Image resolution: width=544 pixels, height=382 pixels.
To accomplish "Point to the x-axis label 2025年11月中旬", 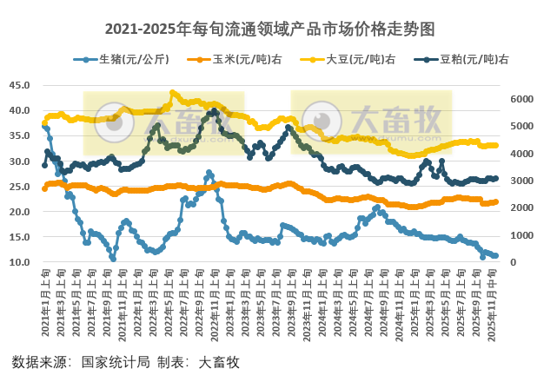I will click(x=494, y=300).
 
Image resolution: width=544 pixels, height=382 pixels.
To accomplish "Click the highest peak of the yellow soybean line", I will click(x=173, y=92).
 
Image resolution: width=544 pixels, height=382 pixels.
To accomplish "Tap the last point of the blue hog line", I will click(x=495, y=256).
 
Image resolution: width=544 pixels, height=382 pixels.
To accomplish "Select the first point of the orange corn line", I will click(x=44, y=188).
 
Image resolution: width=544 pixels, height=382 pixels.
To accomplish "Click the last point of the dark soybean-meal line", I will click(x=495, y=178).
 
